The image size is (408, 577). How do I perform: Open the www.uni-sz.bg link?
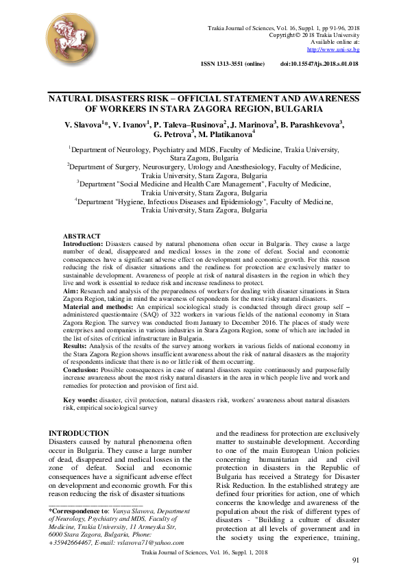333,49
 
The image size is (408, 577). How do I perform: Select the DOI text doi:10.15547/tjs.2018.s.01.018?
319,64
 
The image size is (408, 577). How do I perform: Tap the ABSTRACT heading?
82,236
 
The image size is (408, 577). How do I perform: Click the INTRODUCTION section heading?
80,433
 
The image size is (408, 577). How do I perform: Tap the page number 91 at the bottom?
356,561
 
